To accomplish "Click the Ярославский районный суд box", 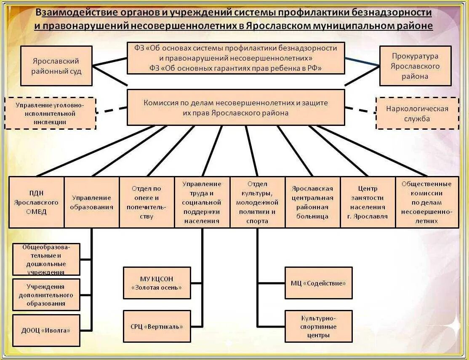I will (x=56, y=67).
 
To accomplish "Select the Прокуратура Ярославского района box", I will (x=415, y=66).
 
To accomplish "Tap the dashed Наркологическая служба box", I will (x=417, y=113).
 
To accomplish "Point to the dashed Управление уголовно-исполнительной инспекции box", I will (x=51, y=113).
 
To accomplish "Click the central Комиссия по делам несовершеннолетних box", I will (x=236, y=107).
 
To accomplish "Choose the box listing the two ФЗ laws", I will (x=236, y=58).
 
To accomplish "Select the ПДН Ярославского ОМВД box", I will (x=36, y=202).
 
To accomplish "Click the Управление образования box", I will (x=92, y=202).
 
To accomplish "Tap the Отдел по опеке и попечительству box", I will (x=147, y=202).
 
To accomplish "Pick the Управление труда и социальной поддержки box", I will (x=202, y=202).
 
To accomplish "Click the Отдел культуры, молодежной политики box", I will (x=257, y=202).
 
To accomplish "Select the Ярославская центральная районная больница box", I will (x=312, y=202).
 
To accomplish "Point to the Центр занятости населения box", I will (x=368, y=202).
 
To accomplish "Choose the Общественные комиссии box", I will (x=426, y=202).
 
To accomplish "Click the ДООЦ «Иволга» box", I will (x=46, y=330).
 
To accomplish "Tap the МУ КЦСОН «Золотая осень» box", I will (x=157, y=283).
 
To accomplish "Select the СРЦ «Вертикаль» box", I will (x=157, y=326).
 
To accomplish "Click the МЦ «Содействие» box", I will (x=318, y=283).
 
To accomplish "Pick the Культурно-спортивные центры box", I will (x=318, y=326).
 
